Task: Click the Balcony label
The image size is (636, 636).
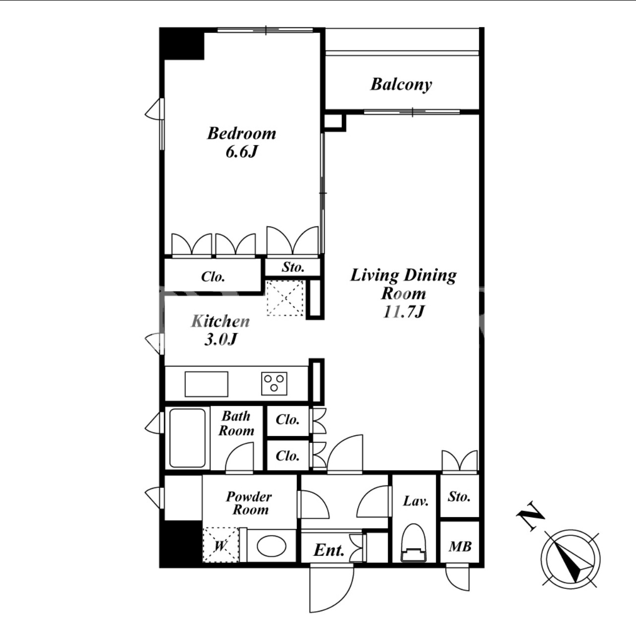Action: (401, 85)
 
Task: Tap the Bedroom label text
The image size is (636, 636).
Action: (241, 133)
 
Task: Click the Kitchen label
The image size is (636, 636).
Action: (221, 321)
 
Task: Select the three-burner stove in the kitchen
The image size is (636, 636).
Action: (274, 383)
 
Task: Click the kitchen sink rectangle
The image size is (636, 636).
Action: (206, 384)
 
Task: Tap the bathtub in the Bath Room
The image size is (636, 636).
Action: (187, 438)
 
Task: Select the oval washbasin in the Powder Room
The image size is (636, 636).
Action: (271, 546)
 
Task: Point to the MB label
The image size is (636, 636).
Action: (460, 547)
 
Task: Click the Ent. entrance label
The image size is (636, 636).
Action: (329, 550)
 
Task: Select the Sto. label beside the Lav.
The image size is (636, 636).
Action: (459, 496)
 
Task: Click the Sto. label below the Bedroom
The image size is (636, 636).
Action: (293, 267)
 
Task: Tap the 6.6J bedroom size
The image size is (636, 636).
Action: (241, 152)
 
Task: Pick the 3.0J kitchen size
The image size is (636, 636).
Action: (221, 339)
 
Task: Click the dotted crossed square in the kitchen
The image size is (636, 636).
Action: (285, 298)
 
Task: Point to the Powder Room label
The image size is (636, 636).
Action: (249, 503)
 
